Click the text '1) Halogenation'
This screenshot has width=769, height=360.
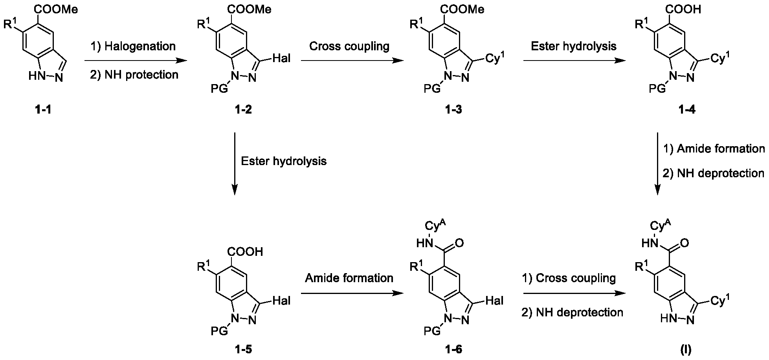tap(133, 46)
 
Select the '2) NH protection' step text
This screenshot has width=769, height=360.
tap(134, 74)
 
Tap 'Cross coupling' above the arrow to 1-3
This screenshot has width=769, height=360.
tap(349, 46)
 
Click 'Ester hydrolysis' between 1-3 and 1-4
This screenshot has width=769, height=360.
tap(574, 46)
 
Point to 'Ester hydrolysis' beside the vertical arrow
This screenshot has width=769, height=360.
tap(284, 161)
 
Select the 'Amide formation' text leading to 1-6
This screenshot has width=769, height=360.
tap(349, 278)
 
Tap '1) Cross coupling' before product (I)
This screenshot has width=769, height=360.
tap(569, 278)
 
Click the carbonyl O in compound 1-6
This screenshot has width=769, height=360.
tap(459, 243)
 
